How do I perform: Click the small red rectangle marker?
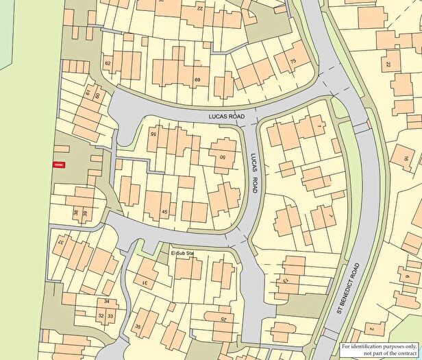[x=59, y=165]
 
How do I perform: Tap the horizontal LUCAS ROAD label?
[x=227, y=118]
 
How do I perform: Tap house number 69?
[x=197, y=81]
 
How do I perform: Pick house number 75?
[x=293, y=62]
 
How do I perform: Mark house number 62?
[x=108, y=64]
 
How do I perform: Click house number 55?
[x=153, y=134]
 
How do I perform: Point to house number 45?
[x=164, y=211]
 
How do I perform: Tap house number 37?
[x=60, y=242]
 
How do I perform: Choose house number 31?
[x=145, y=282]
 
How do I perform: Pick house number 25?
[x=223, y=319]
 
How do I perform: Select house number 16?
[x=406, y=159]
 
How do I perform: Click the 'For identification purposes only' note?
[x=380, y=349]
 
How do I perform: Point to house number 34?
[x=106, y=302]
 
